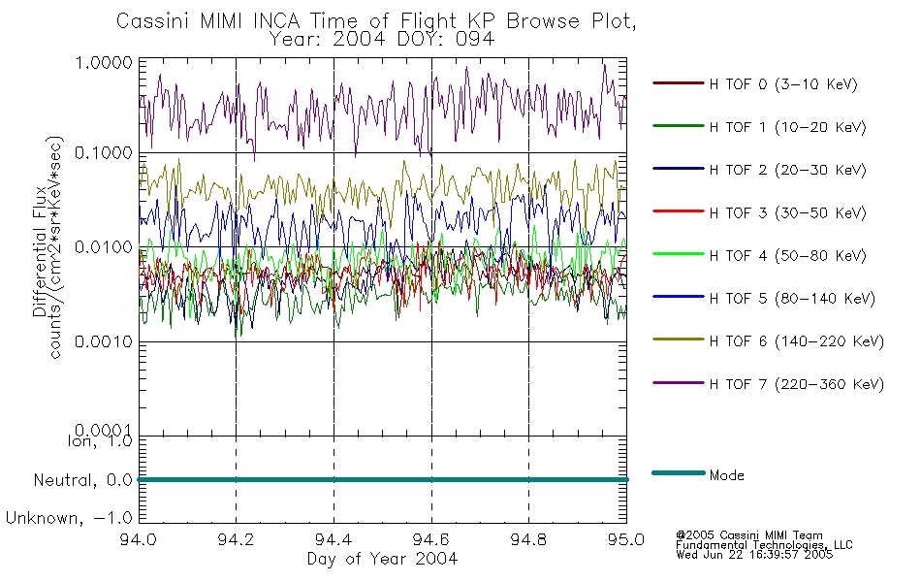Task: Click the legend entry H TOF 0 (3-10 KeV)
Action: click(783, 84)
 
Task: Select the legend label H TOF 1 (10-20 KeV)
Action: click(787, 127)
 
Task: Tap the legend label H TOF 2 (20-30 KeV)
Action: click(787, 170)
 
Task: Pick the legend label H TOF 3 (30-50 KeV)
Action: click(787, 212)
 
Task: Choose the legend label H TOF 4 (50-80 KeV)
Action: click(787, 256)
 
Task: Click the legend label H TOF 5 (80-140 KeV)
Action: click(792, 299)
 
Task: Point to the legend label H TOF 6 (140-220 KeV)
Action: click(797, 341)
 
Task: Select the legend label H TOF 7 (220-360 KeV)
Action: click(797, 384)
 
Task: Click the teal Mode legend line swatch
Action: click(679, 472)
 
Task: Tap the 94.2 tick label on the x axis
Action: click(236, 539)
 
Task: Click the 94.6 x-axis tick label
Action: click(431, 539)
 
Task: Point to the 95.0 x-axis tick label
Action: click(626, 539)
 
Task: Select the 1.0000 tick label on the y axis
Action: click(104, 62)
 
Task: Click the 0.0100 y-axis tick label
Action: click(104, 247)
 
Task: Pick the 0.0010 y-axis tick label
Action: click(104, 341)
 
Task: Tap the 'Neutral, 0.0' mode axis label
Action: click(82, 481)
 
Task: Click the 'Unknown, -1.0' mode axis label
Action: click(69, 519)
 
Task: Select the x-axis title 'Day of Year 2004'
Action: click(382, 559)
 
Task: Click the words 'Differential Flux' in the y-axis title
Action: click(40, 251)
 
